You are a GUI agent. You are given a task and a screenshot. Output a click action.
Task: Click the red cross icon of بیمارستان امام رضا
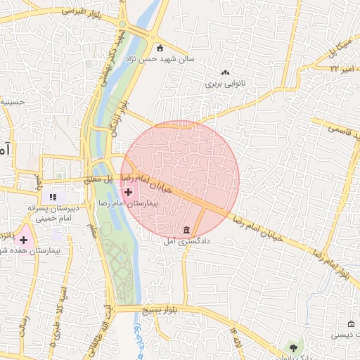coord(128,191)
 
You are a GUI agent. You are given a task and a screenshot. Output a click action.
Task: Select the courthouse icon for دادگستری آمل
coord(186,231)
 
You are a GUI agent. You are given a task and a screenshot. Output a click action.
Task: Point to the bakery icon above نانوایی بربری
coord(226,72)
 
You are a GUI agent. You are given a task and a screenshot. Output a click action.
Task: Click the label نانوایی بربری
coord(223,83)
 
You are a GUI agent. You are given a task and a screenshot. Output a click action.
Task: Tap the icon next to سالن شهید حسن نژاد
coord(160,48)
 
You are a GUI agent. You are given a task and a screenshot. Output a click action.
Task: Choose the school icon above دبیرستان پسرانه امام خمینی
coord(52,196)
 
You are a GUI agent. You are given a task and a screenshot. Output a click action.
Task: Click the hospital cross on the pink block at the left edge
coord(23,240)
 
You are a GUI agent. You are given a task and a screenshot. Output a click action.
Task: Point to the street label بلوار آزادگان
coord(124,115)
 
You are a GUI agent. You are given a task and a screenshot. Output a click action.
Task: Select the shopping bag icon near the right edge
coord(351,323)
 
